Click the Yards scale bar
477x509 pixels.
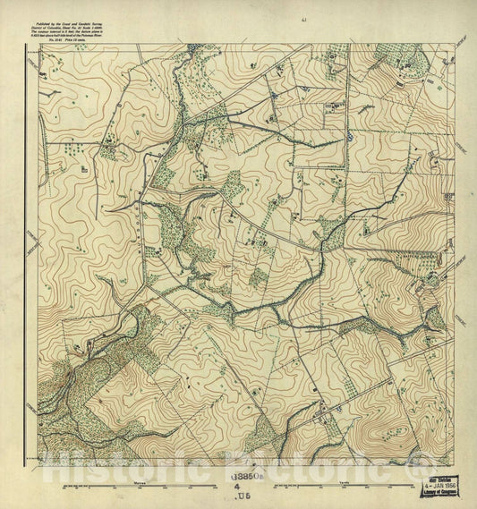(x=345, y=488)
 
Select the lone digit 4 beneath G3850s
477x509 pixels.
(x=239, y=488)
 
